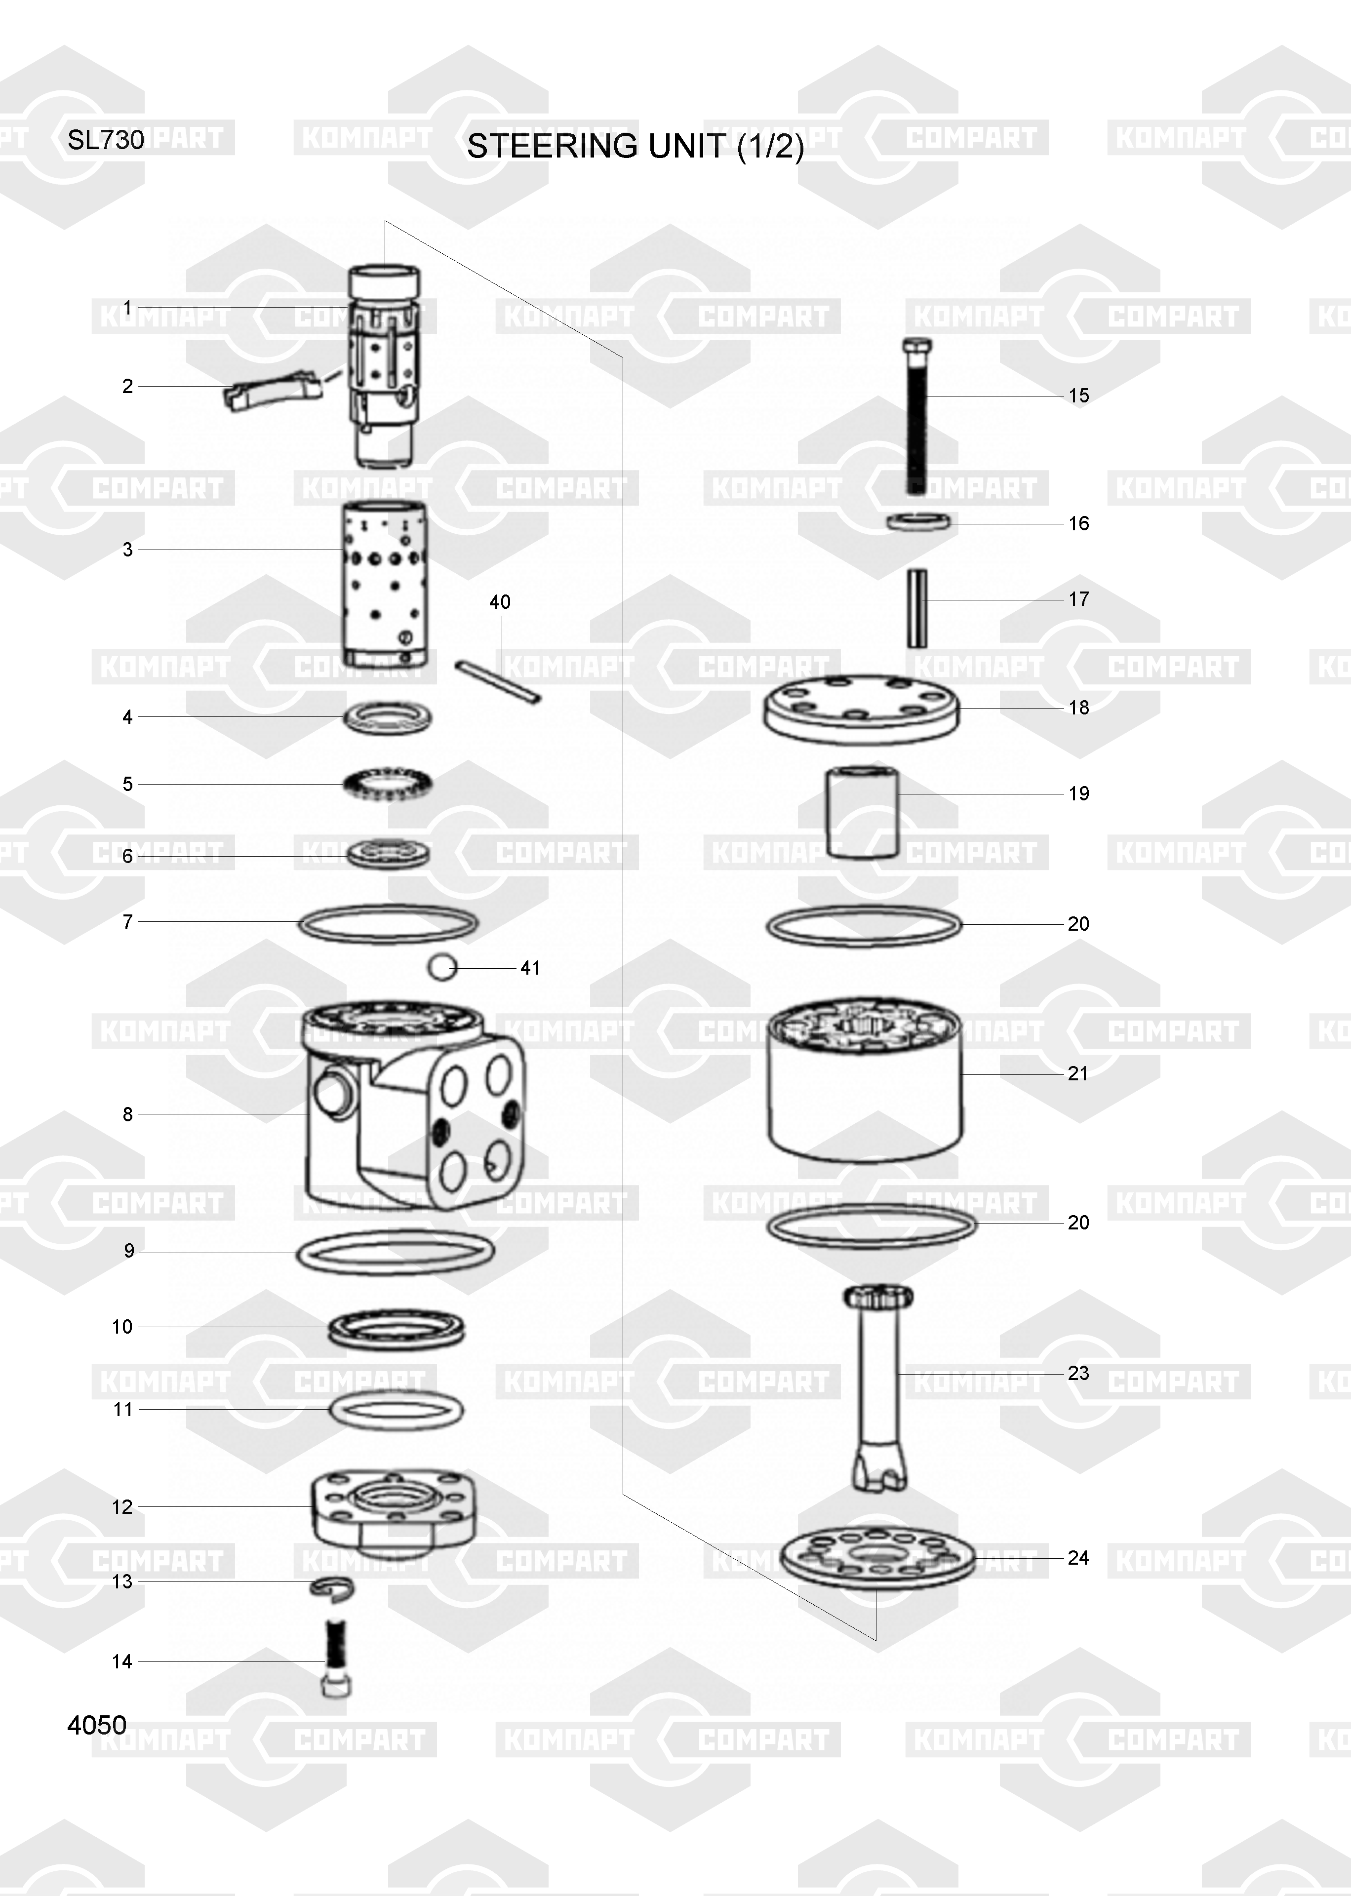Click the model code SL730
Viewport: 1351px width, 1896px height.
click(x=106, y=140)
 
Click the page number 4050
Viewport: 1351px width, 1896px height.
click(x=97, y=1726)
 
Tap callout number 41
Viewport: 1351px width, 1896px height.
click(x=530, y=968)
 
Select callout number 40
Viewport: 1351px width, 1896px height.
click(x=500, y=602)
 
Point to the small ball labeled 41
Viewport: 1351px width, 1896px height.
click(x=442, y=967)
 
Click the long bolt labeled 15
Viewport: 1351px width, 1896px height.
click(x=917, y=416)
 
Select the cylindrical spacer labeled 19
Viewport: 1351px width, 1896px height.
click(x=862, y=812)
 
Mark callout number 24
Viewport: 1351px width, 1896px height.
click(x=1078, y=1558)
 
